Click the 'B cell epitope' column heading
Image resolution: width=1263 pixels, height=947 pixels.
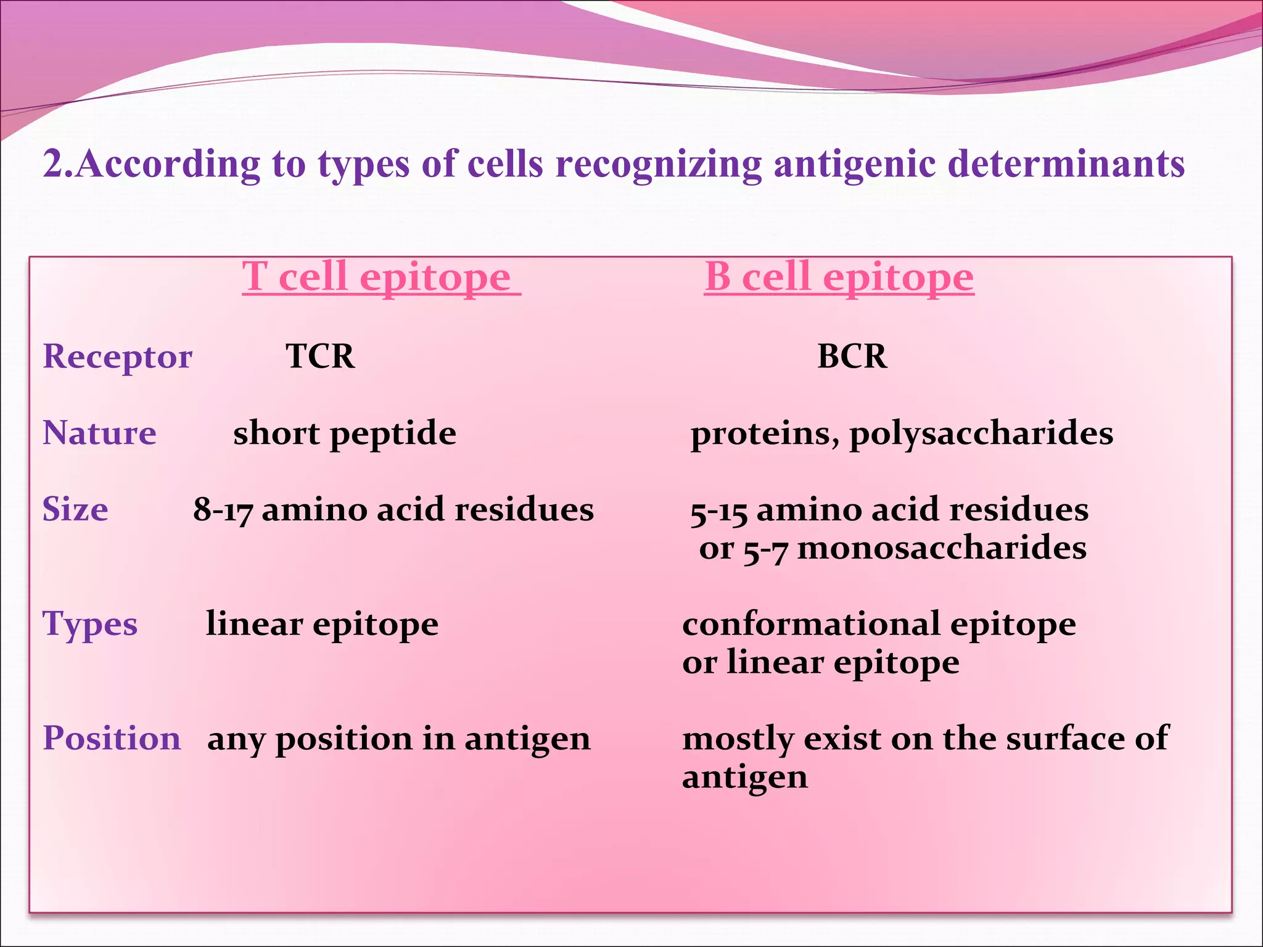click(839, 277)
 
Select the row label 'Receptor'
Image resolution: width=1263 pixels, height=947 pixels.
click(117, 357)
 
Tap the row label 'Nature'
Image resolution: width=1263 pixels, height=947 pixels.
click(99, 433)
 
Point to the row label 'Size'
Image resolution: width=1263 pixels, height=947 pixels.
click(75, 509)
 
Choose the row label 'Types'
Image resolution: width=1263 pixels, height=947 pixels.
click(90, 625)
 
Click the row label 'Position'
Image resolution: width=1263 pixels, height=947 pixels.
click(112, 738)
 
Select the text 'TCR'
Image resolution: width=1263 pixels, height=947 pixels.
click(320, 356)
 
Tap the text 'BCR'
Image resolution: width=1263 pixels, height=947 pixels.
click(852, 356)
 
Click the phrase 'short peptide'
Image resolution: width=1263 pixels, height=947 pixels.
click(344, 433)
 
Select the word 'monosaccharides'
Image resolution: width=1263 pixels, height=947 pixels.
click(942, 548)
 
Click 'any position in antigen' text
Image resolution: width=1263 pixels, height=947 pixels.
click(398, 739)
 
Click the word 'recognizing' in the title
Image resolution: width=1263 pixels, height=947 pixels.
click(659, 165)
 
